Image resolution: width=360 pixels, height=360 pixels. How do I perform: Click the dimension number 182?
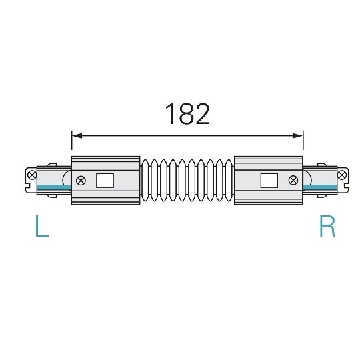(x=187, y=115)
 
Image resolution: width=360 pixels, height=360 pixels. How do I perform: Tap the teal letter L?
(x=41, y=227)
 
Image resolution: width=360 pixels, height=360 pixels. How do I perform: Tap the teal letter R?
(x=327, y=227)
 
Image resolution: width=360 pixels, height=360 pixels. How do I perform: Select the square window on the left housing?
(x=105, y=180)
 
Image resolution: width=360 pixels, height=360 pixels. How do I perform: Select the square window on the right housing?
(x=269, y=180)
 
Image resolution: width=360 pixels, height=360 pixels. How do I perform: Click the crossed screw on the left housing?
(x=81, y=180)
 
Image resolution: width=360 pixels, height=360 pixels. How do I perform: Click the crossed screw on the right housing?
(x=293, y=180)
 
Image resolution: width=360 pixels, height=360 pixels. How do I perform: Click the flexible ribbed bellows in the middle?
(x=187, y=180)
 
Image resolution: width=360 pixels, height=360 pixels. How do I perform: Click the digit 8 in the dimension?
(x=187, y=115)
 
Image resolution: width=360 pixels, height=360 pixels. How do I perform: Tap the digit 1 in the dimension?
(x=169, y=115)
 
